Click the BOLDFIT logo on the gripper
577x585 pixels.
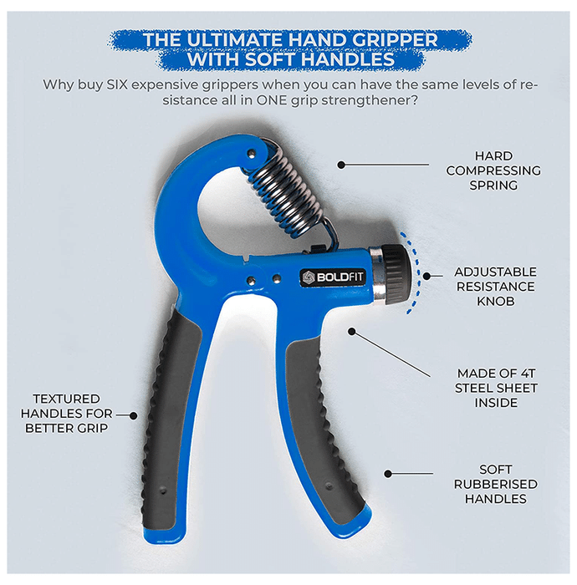coord(332,277)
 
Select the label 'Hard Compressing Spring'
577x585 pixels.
coord(493,170)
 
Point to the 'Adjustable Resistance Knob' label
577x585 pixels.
coord(495,287)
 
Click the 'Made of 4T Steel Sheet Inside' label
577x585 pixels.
coord(496,388)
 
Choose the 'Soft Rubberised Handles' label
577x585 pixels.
coord(495,484)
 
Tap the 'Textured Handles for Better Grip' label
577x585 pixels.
coord(66,414)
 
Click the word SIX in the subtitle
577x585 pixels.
coord(117,84)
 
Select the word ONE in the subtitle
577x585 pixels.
coord(271,100)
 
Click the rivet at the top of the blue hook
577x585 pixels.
coord(253,153)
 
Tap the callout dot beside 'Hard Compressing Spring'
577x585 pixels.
coord(341,165)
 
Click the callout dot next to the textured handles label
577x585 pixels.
coord(133,415)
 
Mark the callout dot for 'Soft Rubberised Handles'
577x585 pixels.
coord(388,474)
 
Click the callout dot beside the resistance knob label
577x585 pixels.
coord(426,276)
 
